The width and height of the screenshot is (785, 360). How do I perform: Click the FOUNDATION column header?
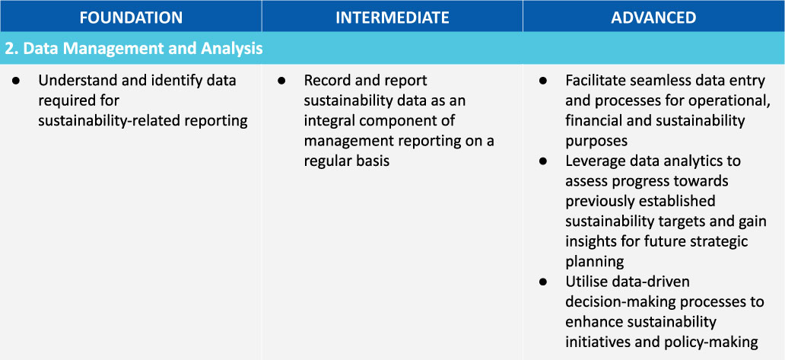[x=131, y=18]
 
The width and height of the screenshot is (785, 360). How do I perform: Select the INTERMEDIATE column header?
[x=392, y=18]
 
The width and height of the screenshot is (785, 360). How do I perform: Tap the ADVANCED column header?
[x=653, y=18]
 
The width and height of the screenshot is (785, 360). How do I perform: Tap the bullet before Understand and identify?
[x=15, y=81]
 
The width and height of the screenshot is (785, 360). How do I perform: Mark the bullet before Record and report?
[x=281, y=81]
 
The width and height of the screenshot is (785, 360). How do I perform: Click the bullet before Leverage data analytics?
[x=543, y=161]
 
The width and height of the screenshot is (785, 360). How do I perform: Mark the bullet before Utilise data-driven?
[x=543, y=282]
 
